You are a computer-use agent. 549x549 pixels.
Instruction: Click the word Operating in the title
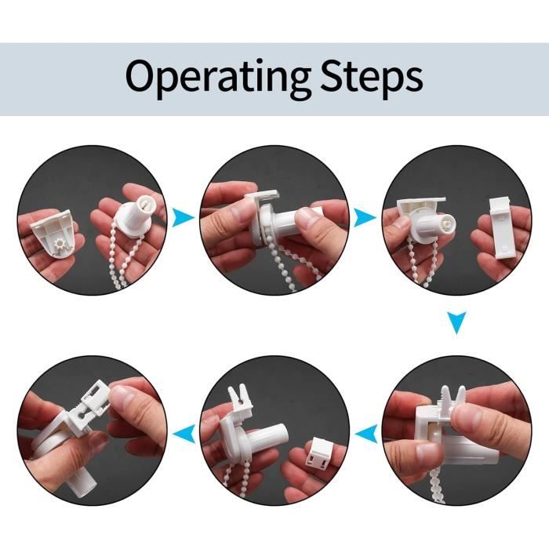click(218, 78)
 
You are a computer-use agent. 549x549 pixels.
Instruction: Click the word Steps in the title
click(372, 78)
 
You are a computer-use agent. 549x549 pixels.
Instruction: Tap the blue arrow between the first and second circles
click(183, 217)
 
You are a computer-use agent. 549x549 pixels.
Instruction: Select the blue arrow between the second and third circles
click(365, 217)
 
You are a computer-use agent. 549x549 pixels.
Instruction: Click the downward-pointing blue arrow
click(457, 322)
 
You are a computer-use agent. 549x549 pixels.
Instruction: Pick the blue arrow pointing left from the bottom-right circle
click(366, 434)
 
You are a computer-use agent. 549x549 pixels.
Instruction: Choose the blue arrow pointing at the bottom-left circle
click(184, 434)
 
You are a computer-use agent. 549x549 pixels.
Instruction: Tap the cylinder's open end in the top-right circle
click(445, 223)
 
